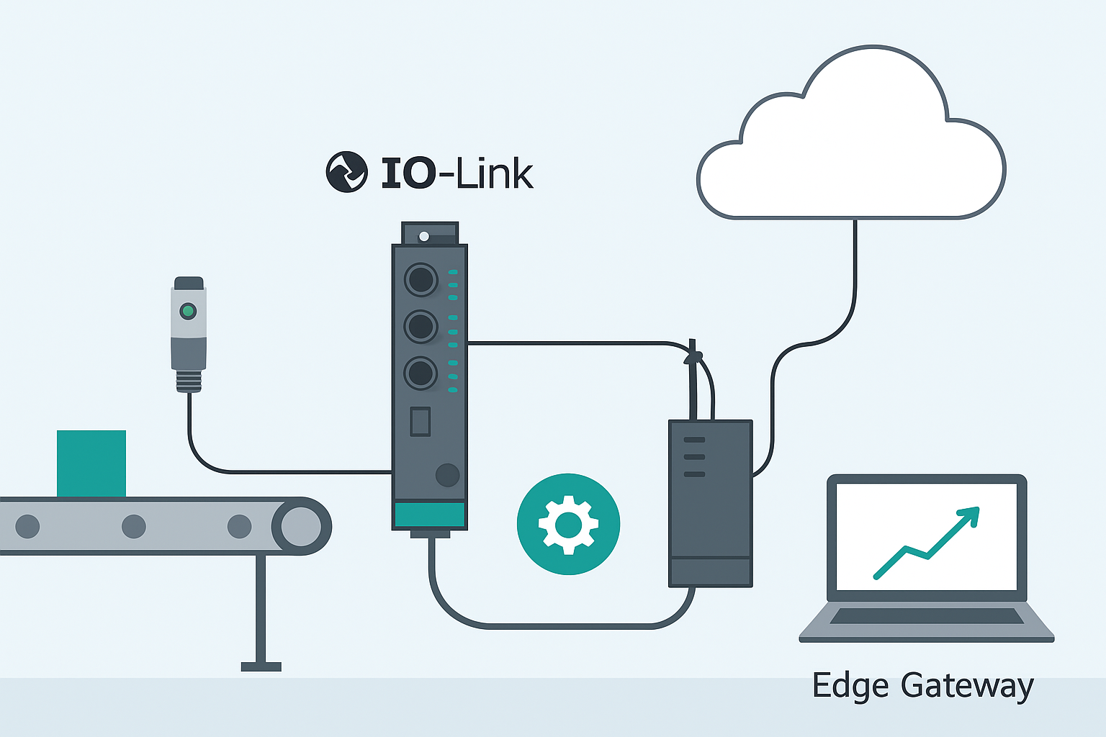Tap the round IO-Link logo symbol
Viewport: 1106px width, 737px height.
346,172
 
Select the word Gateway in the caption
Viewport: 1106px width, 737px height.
967,686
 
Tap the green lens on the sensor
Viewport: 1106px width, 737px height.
188,311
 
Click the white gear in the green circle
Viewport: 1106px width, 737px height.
568,525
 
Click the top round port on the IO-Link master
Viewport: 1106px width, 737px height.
421,279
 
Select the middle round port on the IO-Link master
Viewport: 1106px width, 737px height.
421,327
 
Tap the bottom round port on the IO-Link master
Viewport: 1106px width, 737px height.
421,374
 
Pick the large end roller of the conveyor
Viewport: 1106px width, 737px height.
301,526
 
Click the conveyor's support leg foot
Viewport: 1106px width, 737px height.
261,667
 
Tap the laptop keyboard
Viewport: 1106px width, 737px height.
926,617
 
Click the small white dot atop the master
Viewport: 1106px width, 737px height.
424,236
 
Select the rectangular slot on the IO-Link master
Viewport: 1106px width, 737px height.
420,422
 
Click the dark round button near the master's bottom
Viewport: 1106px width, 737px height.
447,475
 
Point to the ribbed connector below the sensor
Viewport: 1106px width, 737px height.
189,381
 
